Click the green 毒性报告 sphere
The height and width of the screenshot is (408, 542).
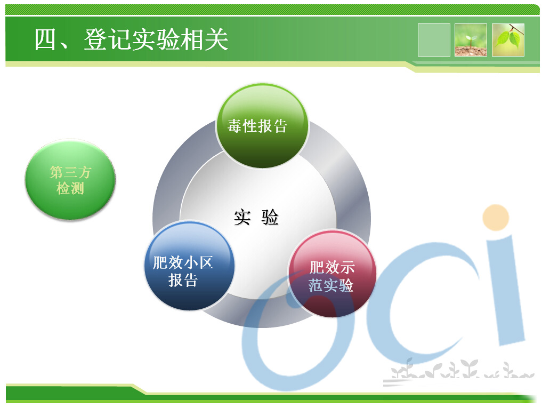(x=262, y=126)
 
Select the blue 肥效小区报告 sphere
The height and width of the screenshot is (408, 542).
(x=189, y=266)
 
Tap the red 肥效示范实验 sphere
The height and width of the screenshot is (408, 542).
(x=333, y=274)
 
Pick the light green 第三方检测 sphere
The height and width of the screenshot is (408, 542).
(x=70, y=179)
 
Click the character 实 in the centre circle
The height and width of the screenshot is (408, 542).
(x=242, y=217)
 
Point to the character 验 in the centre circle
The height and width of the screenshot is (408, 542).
(x=270, y=217)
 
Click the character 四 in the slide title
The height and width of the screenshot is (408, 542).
(x=45, y=39)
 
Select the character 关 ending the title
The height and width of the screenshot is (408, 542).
(x=216, y=39)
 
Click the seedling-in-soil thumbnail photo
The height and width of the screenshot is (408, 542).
(x=471, y=40)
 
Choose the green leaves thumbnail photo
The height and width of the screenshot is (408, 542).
(x=508, y=40)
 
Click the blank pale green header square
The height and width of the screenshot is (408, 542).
(x=434, y=40)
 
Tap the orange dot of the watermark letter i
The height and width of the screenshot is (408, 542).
(x=496, y=218)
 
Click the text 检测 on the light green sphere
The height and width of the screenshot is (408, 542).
(x=70, y=189)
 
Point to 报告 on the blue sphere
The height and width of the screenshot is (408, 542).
(x=183, y=280)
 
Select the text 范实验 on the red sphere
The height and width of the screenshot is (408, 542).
(x=331, y=285)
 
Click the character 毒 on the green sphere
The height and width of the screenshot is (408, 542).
(x=234, y=126)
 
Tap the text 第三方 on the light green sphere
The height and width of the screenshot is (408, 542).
(x=70, y=172)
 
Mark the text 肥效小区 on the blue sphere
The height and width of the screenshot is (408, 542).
(x=183, y=262)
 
